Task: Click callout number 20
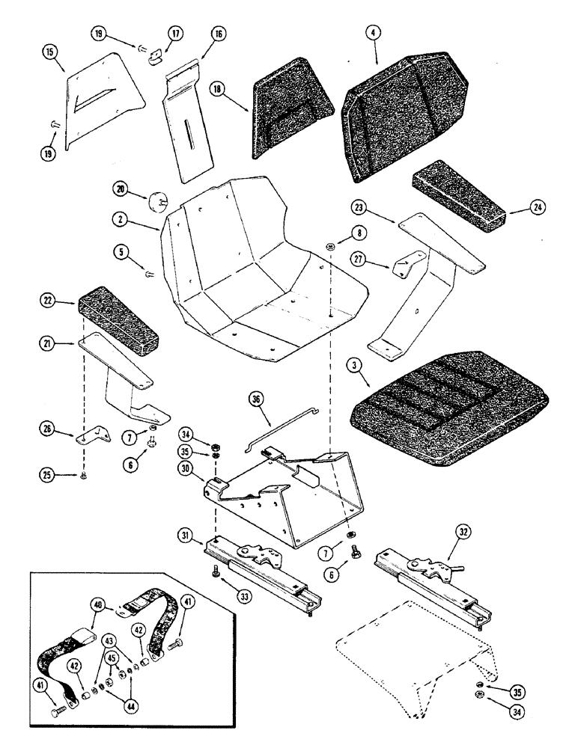pyautogui.click(x=121, y=186)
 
